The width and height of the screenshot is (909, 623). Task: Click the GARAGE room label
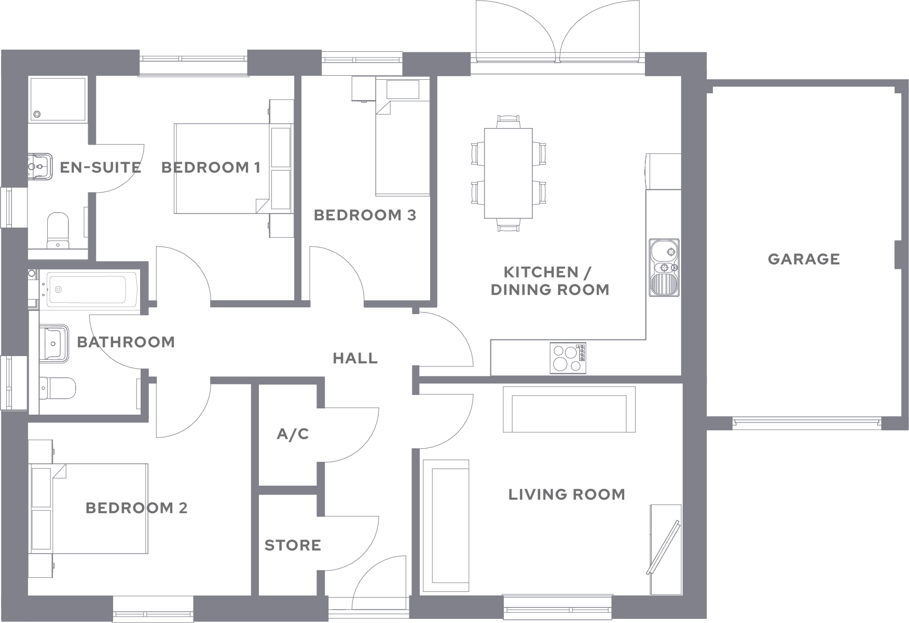click(x=803, y=259)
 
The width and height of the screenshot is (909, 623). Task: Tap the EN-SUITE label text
click(x=100, y=167)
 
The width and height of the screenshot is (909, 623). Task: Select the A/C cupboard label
click(x=293, y=434)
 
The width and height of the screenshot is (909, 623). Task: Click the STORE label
click(x=293, y=545)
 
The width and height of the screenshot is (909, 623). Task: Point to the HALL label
click(x=355, y=358)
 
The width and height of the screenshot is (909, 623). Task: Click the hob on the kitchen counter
click(x=568, y=358)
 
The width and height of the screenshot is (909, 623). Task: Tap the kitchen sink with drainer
click(x=664, y=267)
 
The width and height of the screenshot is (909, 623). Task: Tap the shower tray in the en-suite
click(x=57, y=100)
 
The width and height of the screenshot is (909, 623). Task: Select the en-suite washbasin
click(x=40, y=167)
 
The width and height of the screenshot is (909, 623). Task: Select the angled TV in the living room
click(x=664, y=547)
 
